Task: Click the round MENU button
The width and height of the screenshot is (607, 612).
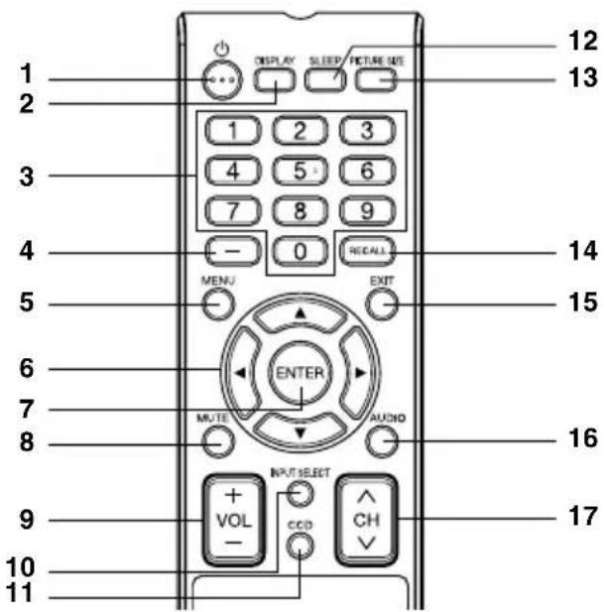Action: point(219,304)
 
